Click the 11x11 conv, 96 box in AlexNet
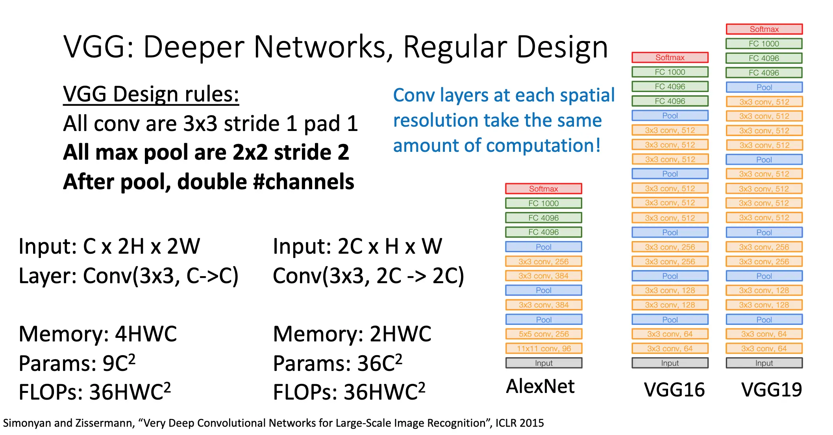(544, 348)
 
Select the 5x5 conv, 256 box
(544, 334)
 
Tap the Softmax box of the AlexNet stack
(544, 189)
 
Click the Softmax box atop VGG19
(764, 29)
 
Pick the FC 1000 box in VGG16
(670, 72)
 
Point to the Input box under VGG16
(670, 363)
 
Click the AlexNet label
(540, 386)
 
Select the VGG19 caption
(772, 390)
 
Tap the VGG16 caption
(674, 390)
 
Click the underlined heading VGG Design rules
(151, 94)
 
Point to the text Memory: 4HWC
(98, 334)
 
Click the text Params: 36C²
(337, 363)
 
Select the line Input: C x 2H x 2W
(109, 247)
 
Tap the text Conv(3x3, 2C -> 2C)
(368, 276)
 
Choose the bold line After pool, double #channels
(209, 182)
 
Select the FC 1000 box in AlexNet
(544, 203)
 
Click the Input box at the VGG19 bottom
(764, 363)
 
